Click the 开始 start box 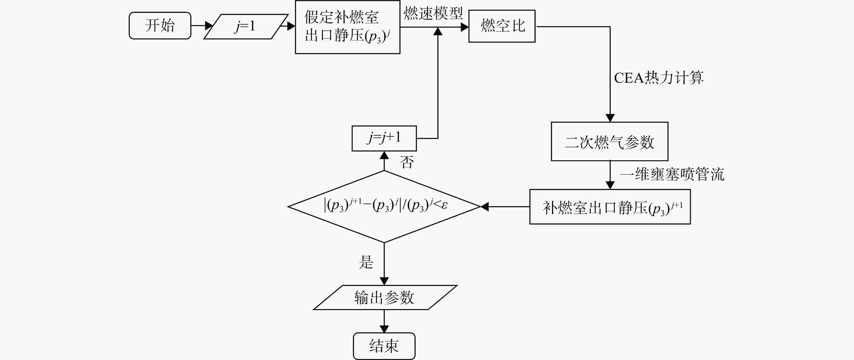pyautogui.click(x=160, y=26)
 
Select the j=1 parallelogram pyautogui.click(x=246, y=26)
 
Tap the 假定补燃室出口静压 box pyautogui.click(x=347, y=27)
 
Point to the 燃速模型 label pyautogui.click(x=433, y=13)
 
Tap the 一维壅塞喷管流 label pyautogui.click(x=672, y=174)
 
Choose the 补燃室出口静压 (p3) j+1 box pyautogui.click(x=610, y=207)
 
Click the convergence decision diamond pyautogui.click(x=384, y=207)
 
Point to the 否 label pyautogui.click(x=407, y=162)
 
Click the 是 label pyautogui.click(x=366, y=262)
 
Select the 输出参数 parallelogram pyautogui.click(x=385, y=297)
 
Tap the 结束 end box pyautogui.click(x=384, y=346)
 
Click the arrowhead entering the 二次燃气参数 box pyautogui.click(x=610, y=118)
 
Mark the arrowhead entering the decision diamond pyautogui.click(x=485, y=207)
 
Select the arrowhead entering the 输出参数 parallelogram pyautogui.click(x=384, y=281)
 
